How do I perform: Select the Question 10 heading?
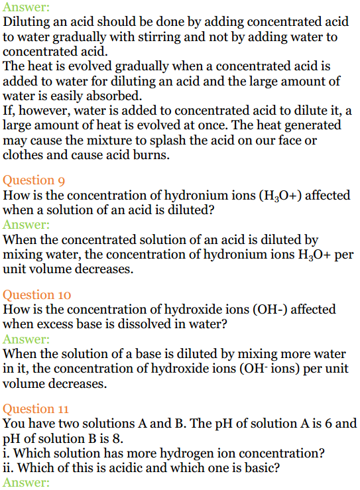coord(36,295)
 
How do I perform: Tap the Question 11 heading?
coord(36,409)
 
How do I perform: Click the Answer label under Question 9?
coord(26,225)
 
